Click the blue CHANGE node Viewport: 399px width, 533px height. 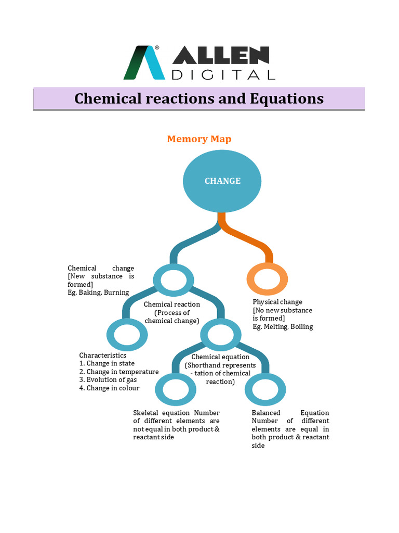tap(222, 181)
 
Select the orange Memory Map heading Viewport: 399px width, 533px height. tap(199, 139)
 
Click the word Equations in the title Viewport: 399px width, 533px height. tap(286, 98)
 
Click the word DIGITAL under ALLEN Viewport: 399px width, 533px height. tap(223, 74)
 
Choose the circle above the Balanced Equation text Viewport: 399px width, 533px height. tap(263, 389)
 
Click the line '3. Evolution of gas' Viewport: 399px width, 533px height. tap(108, 380)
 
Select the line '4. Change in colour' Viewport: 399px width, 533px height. tap(110, 388)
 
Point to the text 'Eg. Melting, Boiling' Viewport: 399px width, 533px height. tap(283, 327)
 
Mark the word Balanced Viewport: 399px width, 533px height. tap(266, 413)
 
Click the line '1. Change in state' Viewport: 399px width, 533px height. tap(107, 363)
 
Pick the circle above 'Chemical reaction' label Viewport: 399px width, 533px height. tap(173, 281)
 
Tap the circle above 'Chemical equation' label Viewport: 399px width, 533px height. tap(220, 335)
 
